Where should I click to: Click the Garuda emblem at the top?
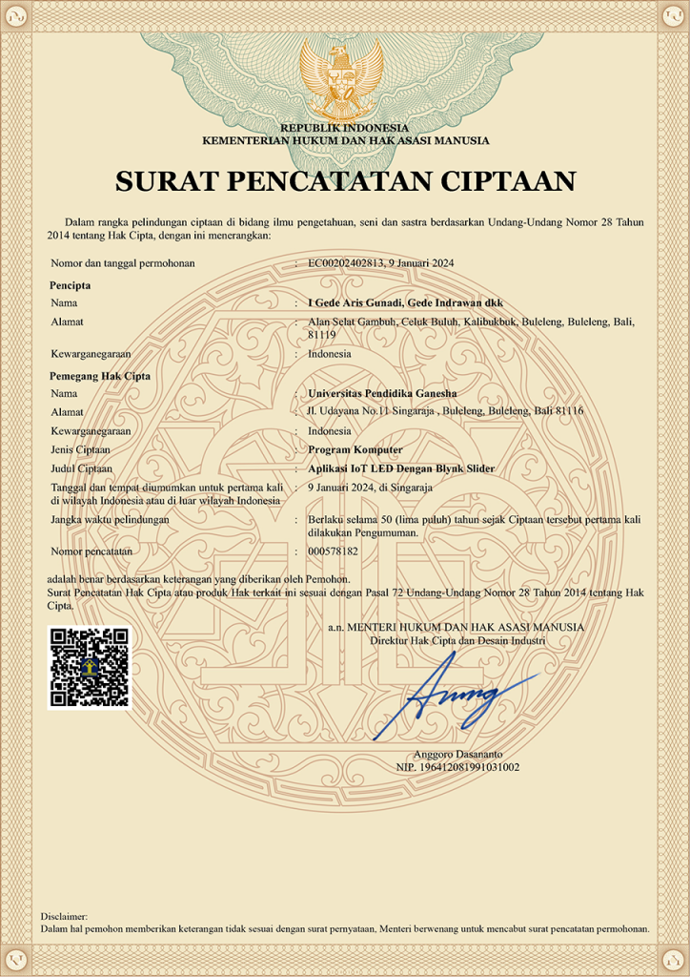342,77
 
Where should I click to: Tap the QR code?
90,667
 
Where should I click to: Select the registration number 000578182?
334,551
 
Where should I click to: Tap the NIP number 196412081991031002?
457,766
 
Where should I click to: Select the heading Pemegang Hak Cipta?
100,376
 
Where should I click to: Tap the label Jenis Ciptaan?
81,449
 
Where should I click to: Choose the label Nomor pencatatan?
91,551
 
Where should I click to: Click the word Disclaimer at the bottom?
64,916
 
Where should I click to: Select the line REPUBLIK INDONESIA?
344,128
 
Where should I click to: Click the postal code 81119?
322,335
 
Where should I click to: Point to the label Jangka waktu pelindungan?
110,519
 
